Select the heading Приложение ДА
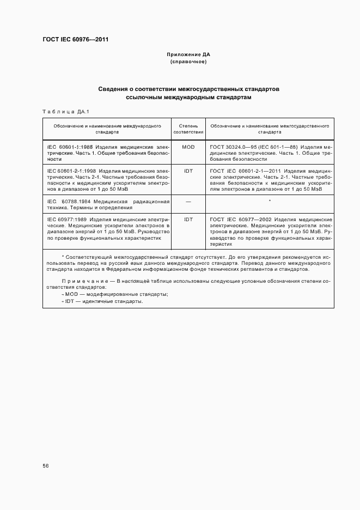(188, 55)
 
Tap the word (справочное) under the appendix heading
(188, 62)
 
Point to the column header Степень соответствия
(188, 129)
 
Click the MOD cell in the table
(188, 147)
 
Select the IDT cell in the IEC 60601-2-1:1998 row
(188, 171)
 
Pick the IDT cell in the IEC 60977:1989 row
(188, 219)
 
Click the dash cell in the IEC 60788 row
(188, 202)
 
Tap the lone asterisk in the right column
(270, 202)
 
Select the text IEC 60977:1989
(64, 219)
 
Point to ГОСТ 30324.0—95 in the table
(232, 147)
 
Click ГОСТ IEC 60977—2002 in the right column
(240, 219)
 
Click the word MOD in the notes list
(72, 294)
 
